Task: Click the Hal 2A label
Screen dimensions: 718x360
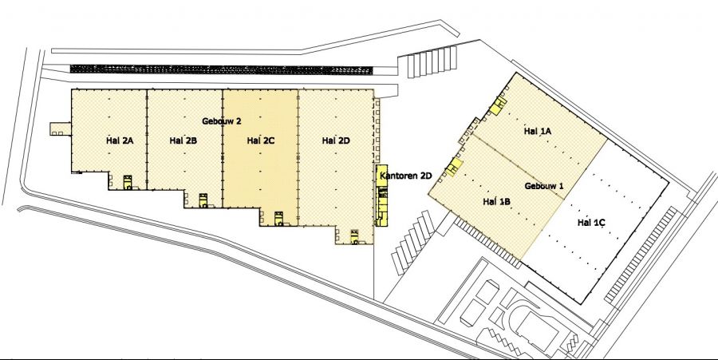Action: point(120,140)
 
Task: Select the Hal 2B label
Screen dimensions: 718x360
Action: point(183,140)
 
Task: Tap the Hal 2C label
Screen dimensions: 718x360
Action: point(261,140)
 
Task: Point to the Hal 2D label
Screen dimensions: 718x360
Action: point(336,140)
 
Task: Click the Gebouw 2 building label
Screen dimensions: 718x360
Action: point(222,121)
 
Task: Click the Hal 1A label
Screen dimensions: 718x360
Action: point(538,131)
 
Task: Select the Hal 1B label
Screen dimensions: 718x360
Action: point(497,201)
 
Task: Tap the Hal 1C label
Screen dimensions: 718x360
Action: point(591,223)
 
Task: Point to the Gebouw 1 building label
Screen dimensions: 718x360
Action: point(544,186)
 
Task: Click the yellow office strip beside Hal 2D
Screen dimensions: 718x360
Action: point(381,195)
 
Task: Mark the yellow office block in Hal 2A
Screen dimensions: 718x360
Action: point(128,182)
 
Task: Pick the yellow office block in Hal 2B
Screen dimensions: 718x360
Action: point(203,200)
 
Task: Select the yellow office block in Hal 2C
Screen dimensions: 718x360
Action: point(278,219)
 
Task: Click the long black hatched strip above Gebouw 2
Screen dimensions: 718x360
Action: point(221,69)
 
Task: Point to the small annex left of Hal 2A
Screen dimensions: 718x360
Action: point(61,129)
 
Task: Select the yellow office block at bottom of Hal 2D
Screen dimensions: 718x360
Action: point(354,237)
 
